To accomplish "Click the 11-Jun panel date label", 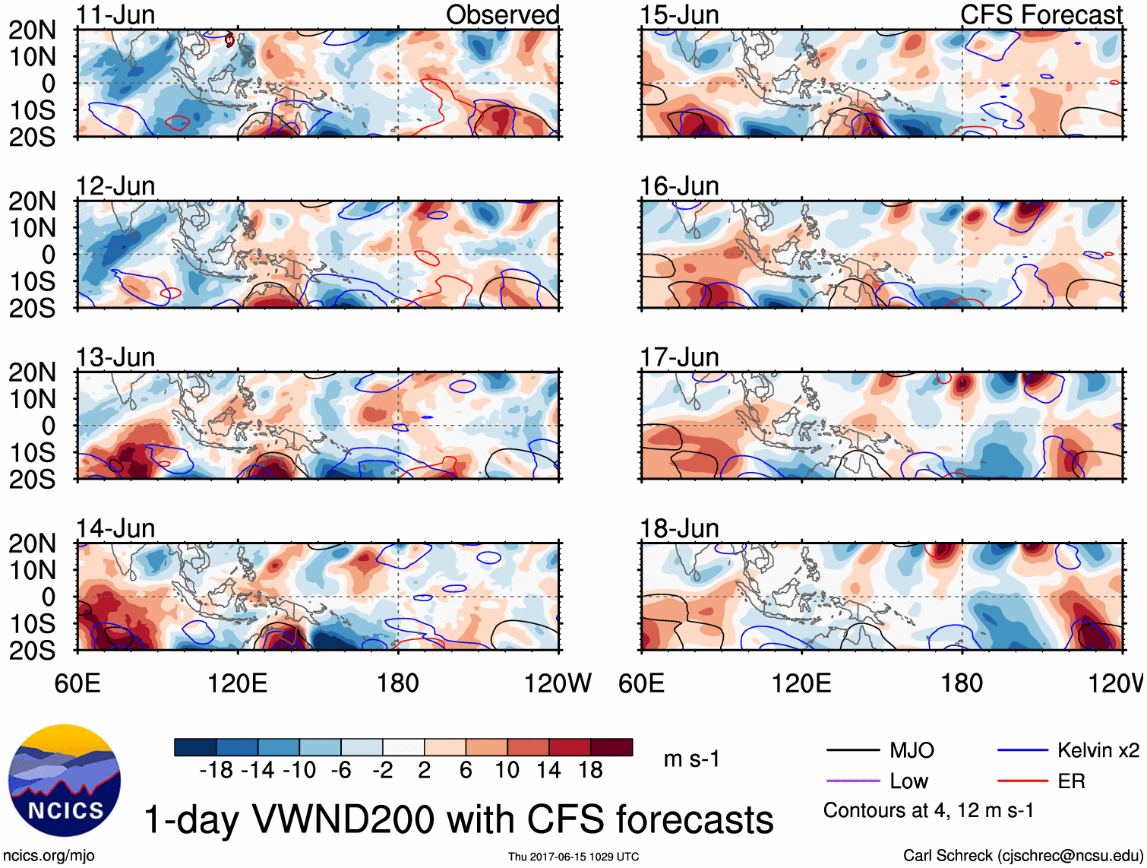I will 115,14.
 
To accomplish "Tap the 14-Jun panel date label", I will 115,528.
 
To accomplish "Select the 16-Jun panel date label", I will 679,186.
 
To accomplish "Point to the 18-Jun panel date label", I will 679,528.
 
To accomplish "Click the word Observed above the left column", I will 502,14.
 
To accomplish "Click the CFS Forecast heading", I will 1041,14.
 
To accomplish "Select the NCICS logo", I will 64,781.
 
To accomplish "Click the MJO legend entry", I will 912,751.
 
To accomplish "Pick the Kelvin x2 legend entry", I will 1098,751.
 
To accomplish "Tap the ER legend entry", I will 1071,781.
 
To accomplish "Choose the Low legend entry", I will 909,781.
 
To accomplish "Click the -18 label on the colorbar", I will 216,771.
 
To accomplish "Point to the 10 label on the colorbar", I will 507,771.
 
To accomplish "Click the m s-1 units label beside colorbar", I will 691,759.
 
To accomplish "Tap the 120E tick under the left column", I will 238,683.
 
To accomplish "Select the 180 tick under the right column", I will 962,683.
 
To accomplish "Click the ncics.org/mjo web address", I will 49,856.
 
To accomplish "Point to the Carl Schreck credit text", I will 1022,856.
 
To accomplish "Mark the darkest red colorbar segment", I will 611,747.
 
